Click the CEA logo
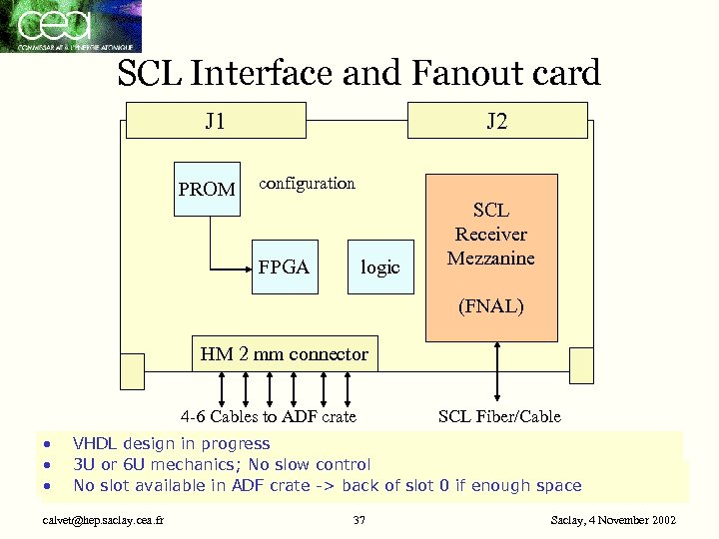tap(70, 27)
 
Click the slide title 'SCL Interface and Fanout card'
tap(359, 73)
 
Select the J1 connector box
tap(214, 122)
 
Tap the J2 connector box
tap(497, 122)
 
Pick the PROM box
tap(207, 189)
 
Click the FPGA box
tap(284, 267)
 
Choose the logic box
tap(380, 267)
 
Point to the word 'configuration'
tap(307, 183)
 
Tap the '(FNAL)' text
tap(491, 306)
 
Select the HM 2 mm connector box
tap(285, 354)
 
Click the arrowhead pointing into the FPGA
tap(246, 268)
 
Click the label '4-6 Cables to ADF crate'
tap(268, 416)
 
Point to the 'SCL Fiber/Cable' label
tap(499, 416)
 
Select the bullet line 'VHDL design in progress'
tap(171, 443)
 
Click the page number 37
tap(359, 520)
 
